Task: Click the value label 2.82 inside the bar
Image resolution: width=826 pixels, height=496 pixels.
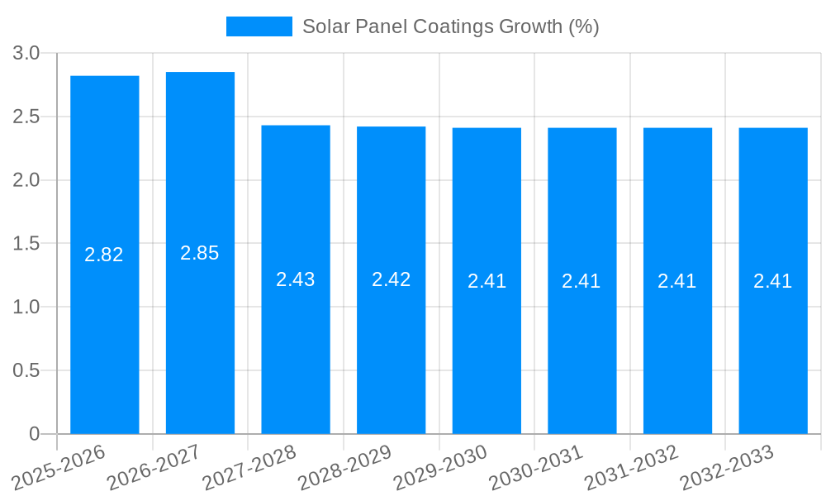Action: click(x=104, y=255)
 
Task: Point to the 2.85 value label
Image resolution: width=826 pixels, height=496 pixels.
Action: click(x=200, y=253)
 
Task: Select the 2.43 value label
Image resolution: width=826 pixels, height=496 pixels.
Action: click(x=296, y=279)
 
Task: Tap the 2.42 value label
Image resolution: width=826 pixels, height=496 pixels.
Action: click(x=392, y=279)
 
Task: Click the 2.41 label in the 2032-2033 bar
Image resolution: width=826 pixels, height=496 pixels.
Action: click(x=772, y=281)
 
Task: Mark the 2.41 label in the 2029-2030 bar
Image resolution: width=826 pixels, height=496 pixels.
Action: click(x=487, y=281)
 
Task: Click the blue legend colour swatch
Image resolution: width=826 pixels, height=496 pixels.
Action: click(x=259, y=26)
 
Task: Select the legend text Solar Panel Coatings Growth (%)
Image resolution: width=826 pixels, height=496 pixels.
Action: click(x=450, y=26)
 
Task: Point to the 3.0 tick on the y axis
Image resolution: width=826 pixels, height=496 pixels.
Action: click(x=26, y=53)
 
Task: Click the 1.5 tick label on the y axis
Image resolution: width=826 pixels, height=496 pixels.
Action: click(x=26, y=244)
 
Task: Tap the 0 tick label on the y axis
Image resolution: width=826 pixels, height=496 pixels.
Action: click(x=34, y=434)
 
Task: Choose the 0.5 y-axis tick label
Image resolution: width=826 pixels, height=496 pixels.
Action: click(x=26, y=370)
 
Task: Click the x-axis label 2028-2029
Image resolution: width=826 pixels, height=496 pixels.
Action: click(x=344, y=468)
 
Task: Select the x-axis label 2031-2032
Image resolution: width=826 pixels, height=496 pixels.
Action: click(x=631, y=468)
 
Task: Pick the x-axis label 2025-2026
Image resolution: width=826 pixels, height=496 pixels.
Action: click(x=59, y=468)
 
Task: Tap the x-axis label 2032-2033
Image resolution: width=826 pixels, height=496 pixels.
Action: click(x=727, y=468)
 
